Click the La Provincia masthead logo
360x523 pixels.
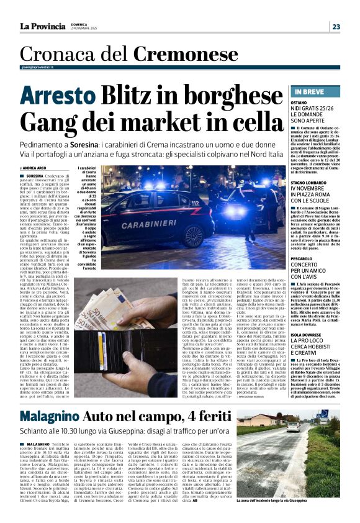click(x=43, y=26)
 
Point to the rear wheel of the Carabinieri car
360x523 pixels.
click(x=192, y=233)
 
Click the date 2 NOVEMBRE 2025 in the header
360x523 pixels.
click(x=84, y=29)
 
